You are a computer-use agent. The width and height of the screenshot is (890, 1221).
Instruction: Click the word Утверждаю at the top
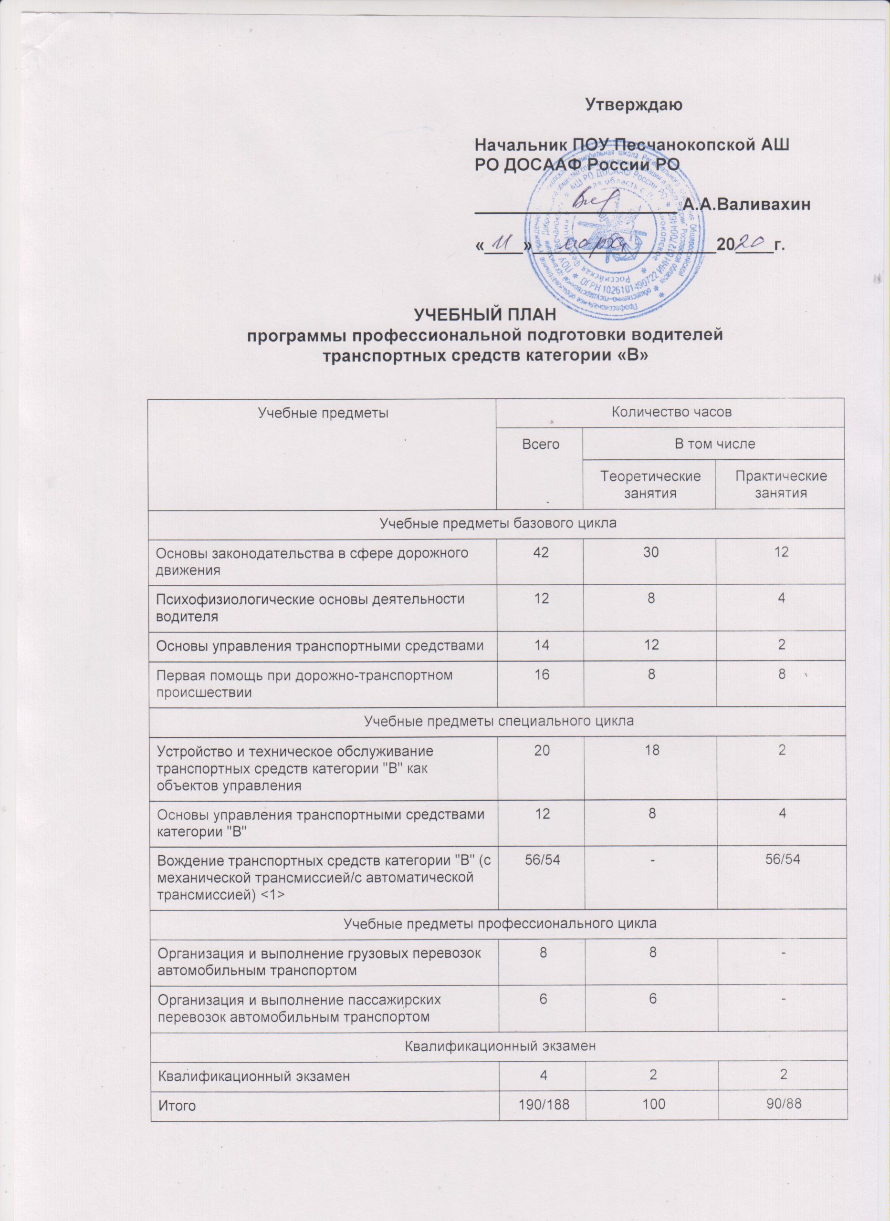634,103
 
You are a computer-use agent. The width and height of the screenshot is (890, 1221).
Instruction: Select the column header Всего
540,444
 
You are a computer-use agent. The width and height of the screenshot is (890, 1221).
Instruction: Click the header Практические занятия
780,484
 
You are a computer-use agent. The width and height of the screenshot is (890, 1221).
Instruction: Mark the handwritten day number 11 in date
125,244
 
